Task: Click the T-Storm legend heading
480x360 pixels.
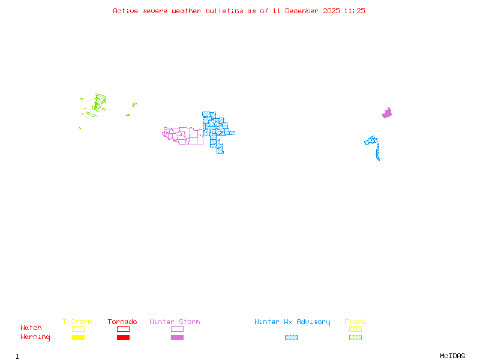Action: point(77,322)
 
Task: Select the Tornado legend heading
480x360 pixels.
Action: point(122,322)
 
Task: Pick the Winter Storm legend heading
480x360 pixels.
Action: point(175,322)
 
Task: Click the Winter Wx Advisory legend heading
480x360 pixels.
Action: point(292,322)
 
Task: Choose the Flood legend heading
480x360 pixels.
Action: point(355,322)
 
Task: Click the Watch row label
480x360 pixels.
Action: point(31,328)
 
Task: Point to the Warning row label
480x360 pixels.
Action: point(35,337)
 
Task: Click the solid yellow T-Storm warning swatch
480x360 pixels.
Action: point(78,338)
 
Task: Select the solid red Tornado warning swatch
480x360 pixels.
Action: point(123,338)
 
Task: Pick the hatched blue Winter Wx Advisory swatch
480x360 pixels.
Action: point(291,338)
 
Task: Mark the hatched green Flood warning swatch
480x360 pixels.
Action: point(355,338)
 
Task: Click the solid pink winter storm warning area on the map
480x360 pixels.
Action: point(387,113)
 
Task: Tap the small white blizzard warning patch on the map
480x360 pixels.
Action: point(380,159)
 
